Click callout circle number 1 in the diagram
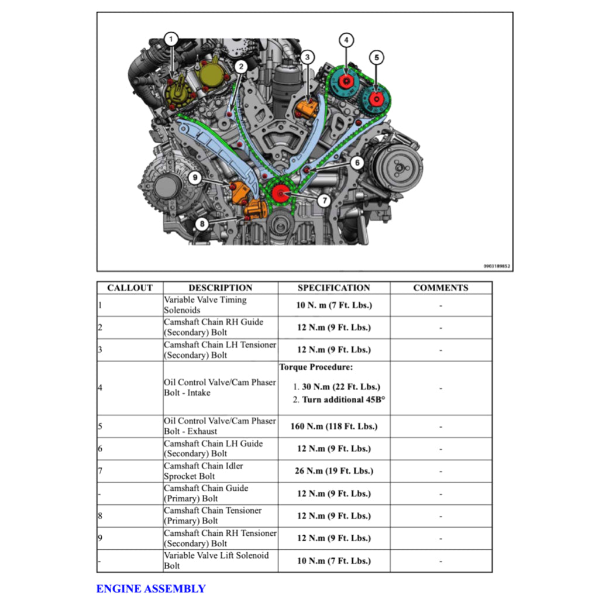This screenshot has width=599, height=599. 171,40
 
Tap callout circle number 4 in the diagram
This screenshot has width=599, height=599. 346,40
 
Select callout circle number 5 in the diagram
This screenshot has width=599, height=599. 376,57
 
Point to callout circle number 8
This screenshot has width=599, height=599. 202,223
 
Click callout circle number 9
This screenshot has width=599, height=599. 195,177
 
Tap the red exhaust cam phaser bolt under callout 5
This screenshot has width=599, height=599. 375,97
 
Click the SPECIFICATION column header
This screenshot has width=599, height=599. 333,288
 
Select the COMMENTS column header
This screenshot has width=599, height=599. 440,288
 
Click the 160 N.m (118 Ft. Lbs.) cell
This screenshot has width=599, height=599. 333,426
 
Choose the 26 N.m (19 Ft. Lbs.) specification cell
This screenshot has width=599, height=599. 333,471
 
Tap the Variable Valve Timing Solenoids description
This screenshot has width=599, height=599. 205,305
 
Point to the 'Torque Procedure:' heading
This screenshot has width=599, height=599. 316,367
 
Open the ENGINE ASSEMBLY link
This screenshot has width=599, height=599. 151,588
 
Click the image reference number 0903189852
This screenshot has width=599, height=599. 497,266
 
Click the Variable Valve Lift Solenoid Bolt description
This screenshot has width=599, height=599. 216,560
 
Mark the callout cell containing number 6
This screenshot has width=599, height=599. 129,449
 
